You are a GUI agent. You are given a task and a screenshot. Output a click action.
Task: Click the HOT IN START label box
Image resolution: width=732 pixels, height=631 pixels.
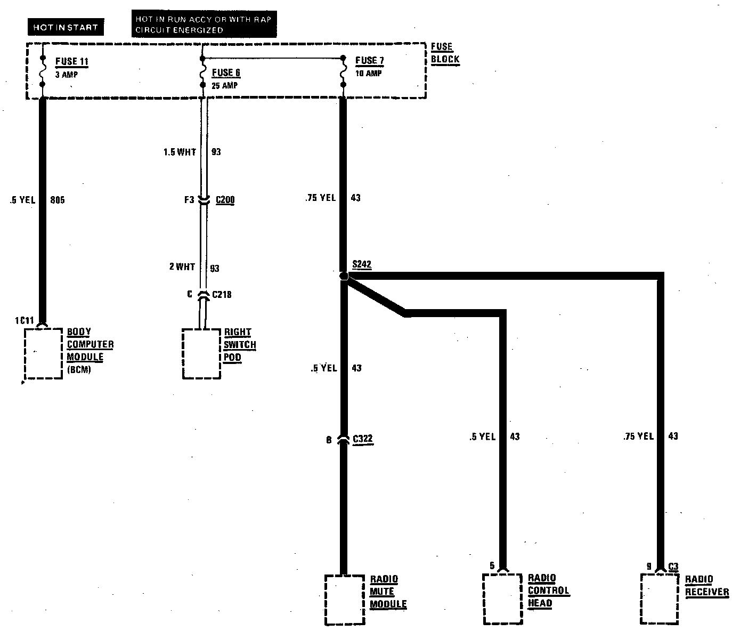pyautogui.click(x=66, y=27)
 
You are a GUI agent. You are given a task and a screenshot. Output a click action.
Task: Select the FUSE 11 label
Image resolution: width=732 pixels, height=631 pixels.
pyautogui.click(x=71, y=62)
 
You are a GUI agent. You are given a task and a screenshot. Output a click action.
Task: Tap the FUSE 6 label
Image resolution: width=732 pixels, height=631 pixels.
pyautogui.click(x=226, y=72)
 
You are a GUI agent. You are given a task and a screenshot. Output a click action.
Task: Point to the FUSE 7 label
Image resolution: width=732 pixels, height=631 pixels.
pyautogui.click(x=369, y=61)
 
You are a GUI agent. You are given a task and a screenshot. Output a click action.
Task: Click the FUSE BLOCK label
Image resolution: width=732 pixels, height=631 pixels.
pyautogui.click(x=445, y=53)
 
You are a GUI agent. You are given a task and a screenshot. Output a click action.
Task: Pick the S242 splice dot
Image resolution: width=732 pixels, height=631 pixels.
pyautogui.click(x=344, y=276)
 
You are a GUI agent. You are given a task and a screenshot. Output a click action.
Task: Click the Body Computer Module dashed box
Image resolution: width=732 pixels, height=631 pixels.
pyautogui.click(x=44, y=354)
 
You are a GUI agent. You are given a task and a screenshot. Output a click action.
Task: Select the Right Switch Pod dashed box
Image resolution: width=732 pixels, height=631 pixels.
pyautogui.click(x=201, y=354)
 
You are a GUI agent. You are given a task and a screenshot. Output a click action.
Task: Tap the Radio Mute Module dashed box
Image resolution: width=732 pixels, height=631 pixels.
pyautogui.click(x=344, y=600)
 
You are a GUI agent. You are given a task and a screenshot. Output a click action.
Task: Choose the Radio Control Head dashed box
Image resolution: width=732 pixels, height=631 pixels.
pyautogui.click(x=502, y=598)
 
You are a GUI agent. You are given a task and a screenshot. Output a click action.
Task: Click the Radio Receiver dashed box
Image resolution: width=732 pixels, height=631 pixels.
pyautogui.click(x=660, y=598)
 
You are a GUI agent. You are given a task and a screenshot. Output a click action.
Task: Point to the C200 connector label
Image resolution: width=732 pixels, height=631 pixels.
pyautogui.click(x=225, y=200)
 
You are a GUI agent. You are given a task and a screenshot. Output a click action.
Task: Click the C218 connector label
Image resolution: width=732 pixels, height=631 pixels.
pyautogui.click(x=222, y=294)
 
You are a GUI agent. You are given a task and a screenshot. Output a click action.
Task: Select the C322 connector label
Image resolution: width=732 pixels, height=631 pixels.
pyautogui.click(x=362, y=440)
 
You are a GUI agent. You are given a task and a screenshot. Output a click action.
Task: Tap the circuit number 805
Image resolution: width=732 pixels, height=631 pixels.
pyautogui.click(x=57, y=200)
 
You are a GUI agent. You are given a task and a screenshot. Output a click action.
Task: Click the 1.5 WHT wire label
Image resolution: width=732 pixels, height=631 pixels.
pyautogui.click(x=180, y=152)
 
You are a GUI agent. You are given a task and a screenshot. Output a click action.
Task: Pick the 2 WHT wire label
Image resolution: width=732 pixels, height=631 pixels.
pyautogui.click(x=182, y=266)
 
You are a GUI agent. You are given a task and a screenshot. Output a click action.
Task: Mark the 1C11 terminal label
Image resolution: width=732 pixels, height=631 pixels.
pyautogui.click(x=25, y=321)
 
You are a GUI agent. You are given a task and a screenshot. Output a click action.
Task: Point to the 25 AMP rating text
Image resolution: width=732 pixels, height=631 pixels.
pyautogui.click(x=224, y=85)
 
